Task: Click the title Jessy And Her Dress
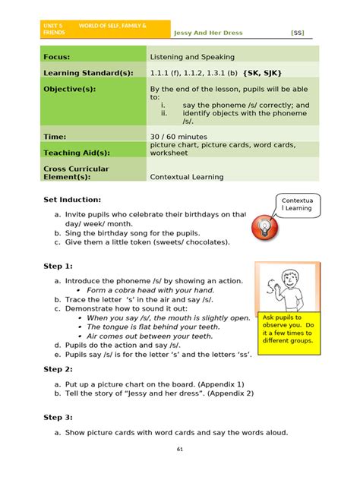[216, 33]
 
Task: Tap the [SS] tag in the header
[297, 33]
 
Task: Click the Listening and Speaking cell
[192, 57]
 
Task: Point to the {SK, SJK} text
[262, 73]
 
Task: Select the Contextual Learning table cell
[187, 177]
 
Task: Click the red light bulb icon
[263, 226]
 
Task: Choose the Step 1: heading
[58, 267]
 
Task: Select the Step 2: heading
[58, 369]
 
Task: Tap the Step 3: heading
[58, 417]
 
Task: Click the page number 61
[180, 450]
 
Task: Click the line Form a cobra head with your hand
[150, 290]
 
